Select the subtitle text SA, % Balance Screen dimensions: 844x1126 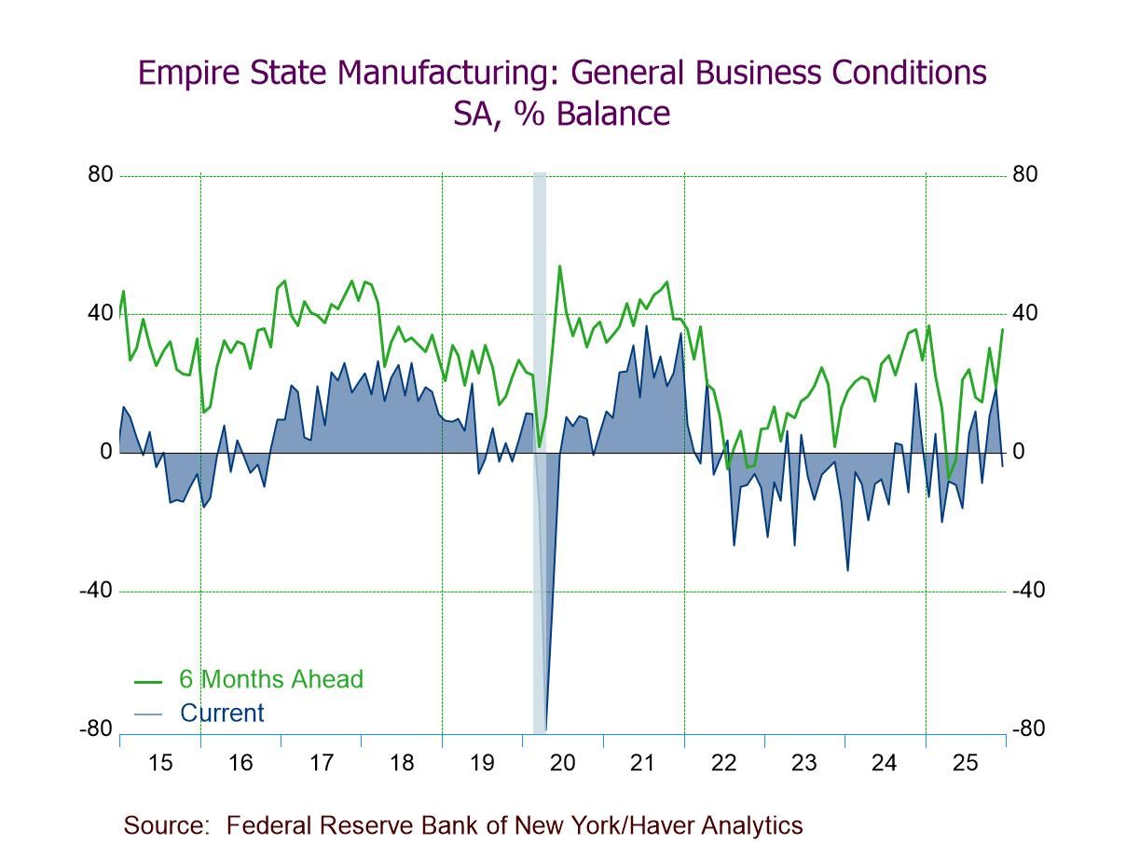pyautogui.click(x=561, y=114)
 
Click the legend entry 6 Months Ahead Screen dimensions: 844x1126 pyautogui.click(x=271, y=679)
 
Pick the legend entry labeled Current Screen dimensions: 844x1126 pyautogui.click(x=222, y=714)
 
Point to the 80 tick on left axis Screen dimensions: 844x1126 pyautogui.click(x=100, y=175)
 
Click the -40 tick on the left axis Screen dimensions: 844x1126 pyautogui.click(x=96, y=591)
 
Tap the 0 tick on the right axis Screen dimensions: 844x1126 pyautogui.click(x=1019, y=452)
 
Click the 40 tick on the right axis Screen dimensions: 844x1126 pyautogui.click(x=1024, y=314)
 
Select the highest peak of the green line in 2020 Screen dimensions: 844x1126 pyautogui.click(x=559, y=266)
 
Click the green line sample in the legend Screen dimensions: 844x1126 pyautogui.click(x=148, y=680)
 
